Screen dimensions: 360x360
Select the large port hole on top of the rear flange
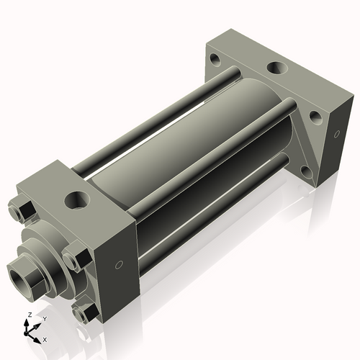pos(276,69)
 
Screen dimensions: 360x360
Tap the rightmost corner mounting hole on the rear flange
pos(315,116)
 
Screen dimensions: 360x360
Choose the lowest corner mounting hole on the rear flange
pos(306,171)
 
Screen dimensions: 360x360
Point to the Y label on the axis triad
pos(45,318)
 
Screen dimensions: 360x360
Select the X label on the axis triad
pos(45,338)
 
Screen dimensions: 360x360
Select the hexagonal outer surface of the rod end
pos(32,270)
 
